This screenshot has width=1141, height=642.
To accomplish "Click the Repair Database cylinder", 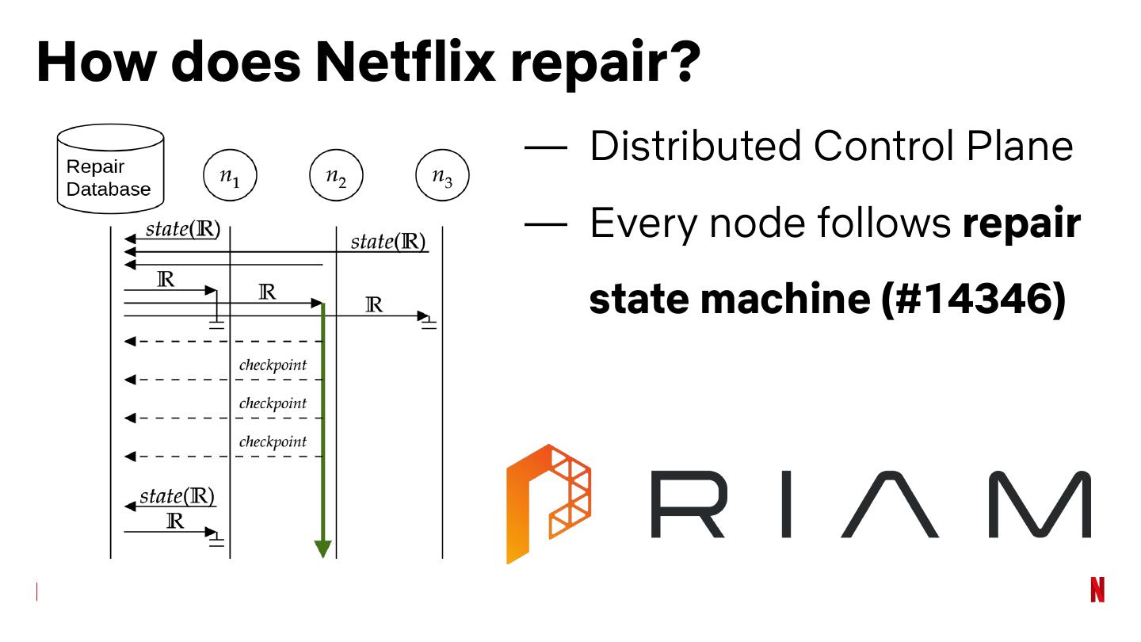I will (x=110, y=169).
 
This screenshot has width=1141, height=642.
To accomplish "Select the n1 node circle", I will (x=230, y=177).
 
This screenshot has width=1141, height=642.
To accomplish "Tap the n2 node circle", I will (x=336, y=177).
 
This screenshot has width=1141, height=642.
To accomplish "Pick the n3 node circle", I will (x=442, y=177).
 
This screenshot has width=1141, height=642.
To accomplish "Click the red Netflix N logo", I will (x=1097, y=590).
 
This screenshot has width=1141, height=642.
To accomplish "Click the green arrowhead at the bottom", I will (x=322, y=548).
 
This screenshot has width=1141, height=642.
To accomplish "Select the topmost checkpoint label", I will (x=273, y=365).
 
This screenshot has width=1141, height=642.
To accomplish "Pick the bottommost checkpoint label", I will (x=273, y=441).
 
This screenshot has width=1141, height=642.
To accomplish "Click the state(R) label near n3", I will (x=388, y=241).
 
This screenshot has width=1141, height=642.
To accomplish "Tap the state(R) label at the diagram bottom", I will (x=177, y=497).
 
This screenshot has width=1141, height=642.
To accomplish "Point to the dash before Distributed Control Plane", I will (x=546, y=147).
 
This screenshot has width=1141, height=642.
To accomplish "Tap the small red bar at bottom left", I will (x=36, y=591).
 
